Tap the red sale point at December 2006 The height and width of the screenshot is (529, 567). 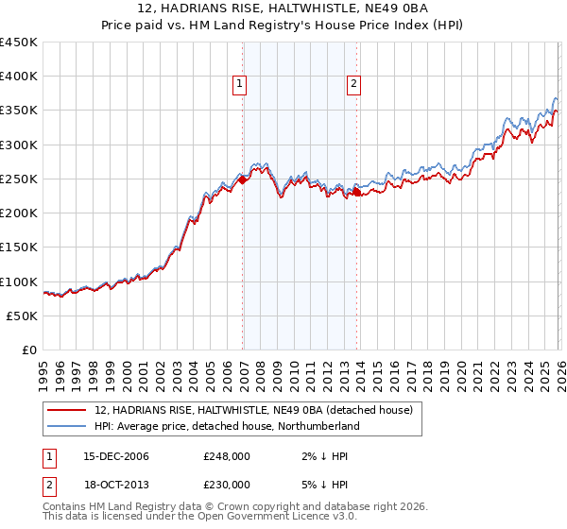[x=243, y=179]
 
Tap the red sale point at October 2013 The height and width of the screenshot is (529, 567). [x=357, y=192]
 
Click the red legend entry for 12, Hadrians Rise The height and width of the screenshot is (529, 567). [x=253, y=411]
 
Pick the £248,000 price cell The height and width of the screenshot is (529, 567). [x=227, y=456]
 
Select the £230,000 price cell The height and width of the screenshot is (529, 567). [x=227, y=485]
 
